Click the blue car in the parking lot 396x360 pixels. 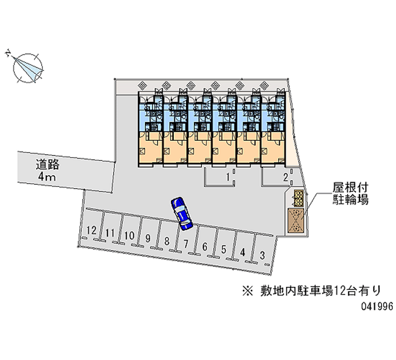182,213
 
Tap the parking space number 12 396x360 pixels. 92,230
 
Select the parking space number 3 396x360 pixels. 262,255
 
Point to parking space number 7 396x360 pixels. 186,244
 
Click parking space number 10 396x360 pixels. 129,235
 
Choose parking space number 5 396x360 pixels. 224,250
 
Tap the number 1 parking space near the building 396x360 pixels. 228,177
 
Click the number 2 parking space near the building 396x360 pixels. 286,177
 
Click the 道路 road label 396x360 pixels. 48,164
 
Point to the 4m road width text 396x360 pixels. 47,177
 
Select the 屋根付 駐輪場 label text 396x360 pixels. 350,194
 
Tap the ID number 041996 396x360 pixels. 377,307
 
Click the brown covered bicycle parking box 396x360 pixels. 296,220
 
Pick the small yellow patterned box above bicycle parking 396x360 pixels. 299,198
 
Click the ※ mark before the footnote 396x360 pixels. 248,291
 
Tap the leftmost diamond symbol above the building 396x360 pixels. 142,85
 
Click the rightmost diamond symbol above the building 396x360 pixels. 264,85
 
